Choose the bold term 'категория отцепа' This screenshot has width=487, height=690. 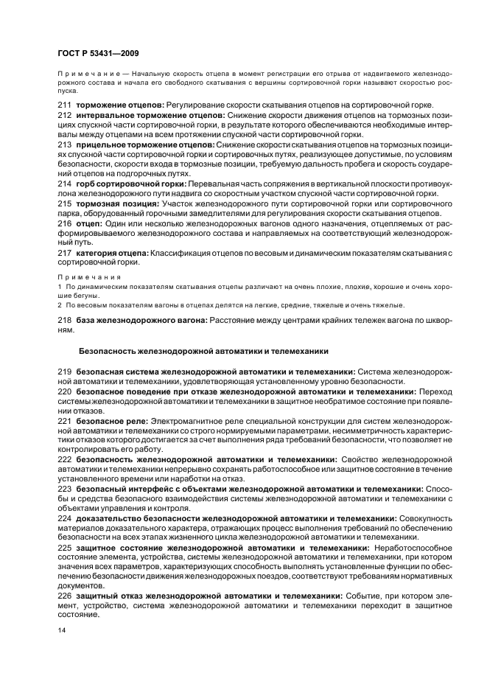point(112,252)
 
